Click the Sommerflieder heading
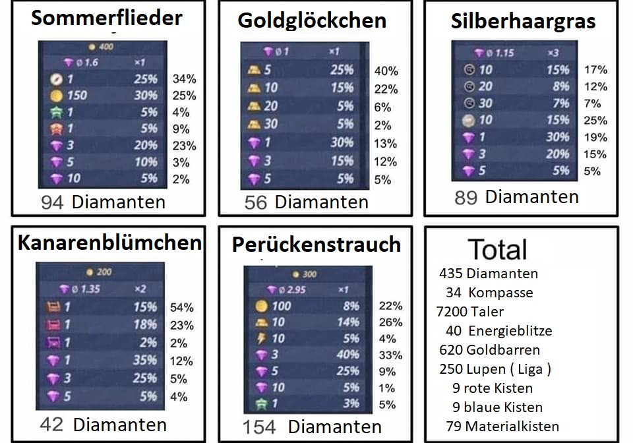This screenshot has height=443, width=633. [x=107, y=18]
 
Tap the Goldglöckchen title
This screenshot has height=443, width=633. [x=312, y=20]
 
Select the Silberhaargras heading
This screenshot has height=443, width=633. [x=523, y=21]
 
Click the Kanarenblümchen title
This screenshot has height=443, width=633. [x=109, y=243]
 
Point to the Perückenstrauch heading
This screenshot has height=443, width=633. [x=316, y=245]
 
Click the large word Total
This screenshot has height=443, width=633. [x=498, y=250]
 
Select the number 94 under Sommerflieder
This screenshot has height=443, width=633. [x=52, y=202]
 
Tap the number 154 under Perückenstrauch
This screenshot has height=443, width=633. [x=259, y=427]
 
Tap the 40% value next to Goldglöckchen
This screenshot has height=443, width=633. [x=386, y=71]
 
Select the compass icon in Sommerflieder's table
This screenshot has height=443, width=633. [x=55, y=79]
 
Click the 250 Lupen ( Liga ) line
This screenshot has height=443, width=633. [x=495, y=369]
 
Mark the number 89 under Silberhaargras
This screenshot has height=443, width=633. [x=466, y=197]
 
